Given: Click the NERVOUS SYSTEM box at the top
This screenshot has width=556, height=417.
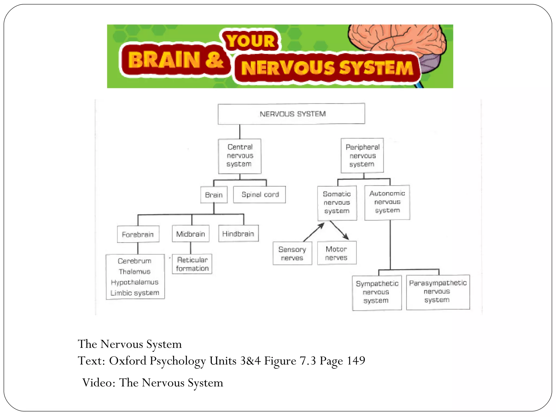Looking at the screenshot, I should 291,114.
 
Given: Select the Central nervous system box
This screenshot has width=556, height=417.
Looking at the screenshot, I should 240,156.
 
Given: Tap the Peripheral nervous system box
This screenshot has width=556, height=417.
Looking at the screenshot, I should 362,156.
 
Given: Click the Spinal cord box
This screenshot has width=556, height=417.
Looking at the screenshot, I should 260,195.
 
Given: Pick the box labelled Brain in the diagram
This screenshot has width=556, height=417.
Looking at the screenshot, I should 214,195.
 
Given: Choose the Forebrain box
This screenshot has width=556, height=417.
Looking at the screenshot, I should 138,234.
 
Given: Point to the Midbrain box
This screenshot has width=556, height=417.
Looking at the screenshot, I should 191,234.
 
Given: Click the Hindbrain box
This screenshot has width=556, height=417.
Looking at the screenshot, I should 238,233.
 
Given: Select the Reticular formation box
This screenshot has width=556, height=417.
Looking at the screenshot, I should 192,264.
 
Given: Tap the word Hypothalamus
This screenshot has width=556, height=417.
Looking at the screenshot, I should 135,282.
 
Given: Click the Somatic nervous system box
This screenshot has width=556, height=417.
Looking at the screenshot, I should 337,203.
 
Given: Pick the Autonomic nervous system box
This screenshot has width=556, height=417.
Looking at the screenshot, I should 387,202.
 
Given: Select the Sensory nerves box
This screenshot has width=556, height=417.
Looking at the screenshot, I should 292,253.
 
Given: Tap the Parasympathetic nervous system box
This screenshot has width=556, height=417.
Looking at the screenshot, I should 438,292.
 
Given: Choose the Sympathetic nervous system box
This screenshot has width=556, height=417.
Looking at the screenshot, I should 377,292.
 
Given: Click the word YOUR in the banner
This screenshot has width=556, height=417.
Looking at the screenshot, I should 250,41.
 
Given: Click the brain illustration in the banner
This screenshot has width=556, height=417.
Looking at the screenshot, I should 396,38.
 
